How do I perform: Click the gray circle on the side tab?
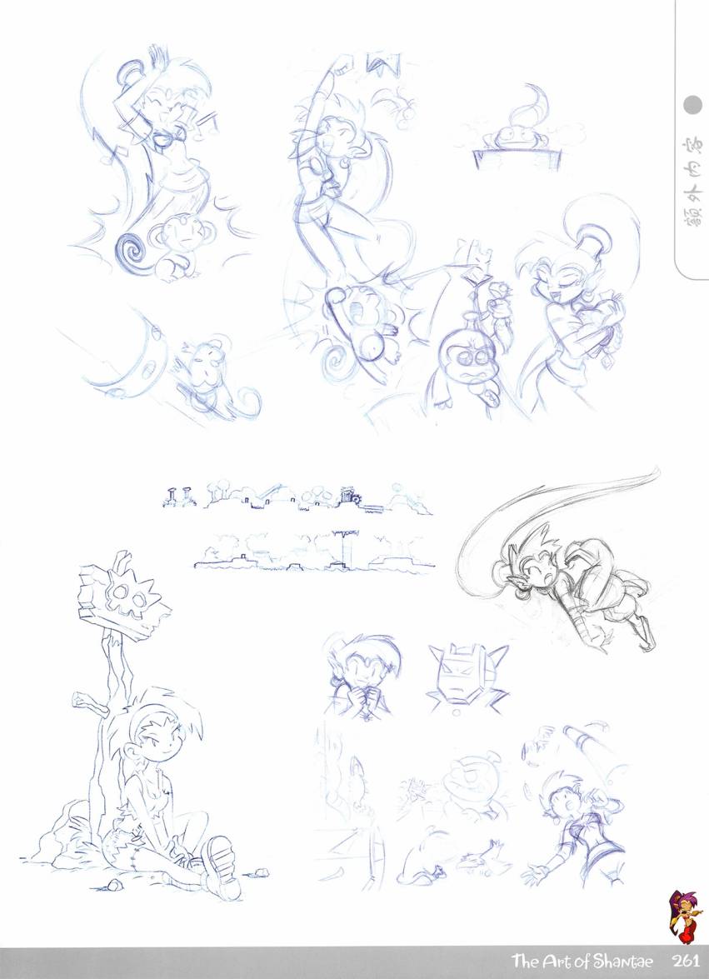pyautogui.click(x=693, y=106)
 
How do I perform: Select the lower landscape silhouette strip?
pyautogui.click(x=313, y=552)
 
